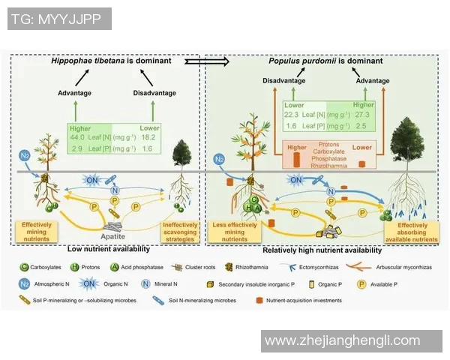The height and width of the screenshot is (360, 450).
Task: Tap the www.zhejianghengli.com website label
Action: tap(353, 340)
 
